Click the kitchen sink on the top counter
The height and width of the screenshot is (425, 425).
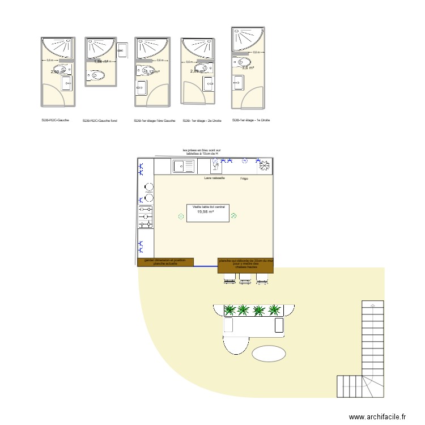[x=184, y=166]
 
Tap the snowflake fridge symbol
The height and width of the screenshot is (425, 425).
[x=263, y=165]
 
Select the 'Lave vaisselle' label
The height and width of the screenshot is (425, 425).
[x=215, y=178]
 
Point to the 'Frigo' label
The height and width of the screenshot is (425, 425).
[x=244, y=178]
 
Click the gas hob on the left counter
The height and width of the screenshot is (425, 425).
[x=146, y=217]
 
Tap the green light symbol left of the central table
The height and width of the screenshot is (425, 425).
[x=181, y=216]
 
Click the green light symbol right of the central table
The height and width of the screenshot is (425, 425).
[x=233, y=215]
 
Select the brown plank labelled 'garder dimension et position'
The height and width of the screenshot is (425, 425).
[x=165, y=262]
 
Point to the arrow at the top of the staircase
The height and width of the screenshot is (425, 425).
[x=373, y=304]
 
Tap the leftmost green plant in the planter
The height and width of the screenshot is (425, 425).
[x=230, y=309]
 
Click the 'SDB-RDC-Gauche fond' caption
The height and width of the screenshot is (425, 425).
[x=100, y=121]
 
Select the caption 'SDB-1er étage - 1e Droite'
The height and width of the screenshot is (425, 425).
[x=251, y=120]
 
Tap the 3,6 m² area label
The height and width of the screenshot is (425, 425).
[x=248, y=67]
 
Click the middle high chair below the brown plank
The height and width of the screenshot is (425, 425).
[x=245, y=278]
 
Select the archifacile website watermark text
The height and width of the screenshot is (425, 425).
[x=377, y=416]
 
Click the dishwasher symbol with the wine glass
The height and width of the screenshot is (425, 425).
[x=215, y=165]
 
